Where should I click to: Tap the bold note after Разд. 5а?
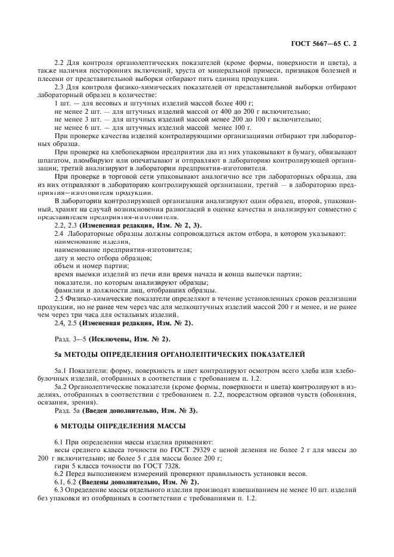click(x=139, y=410)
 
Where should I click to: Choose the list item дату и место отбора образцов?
click(x=103, y=259)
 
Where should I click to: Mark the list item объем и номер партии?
click(x=91, y=266)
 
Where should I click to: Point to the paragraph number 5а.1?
click(x=61, y=371)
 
